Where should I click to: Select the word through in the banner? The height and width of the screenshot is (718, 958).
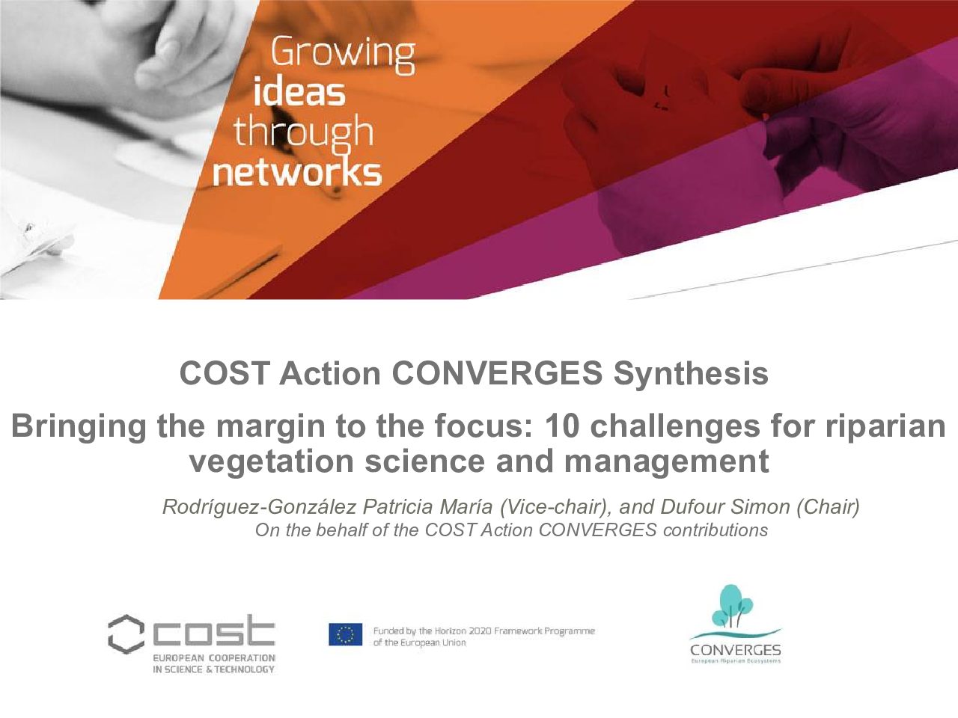tap(304, 133)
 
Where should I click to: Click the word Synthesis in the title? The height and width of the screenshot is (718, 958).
tap(691, 374)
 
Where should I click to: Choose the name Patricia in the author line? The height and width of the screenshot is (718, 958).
tap(398, 506)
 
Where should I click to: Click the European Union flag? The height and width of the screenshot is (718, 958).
tap(345, 634)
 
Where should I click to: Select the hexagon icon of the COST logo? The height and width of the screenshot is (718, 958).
tap(126, 634)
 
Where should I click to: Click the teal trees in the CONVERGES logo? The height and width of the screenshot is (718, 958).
tap(733, 606)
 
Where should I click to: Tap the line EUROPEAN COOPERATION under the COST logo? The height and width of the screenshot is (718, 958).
tap(214, 658)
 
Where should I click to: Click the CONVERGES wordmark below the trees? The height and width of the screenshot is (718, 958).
tap(736, 651)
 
